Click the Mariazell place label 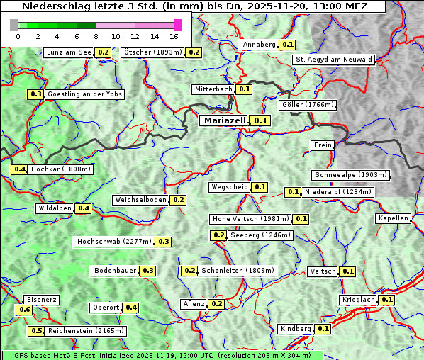point(223,120)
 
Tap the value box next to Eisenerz point(24,310)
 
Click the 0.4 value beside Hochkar point(20,169)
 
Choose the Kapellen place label point(393,218)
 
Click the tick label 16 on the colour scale point(174,36)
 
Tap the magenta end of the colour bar point(177,25)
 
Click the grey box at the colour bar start point(14,25)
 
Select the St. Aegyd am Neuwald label point(333,60)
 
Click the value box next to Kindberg point(323,329)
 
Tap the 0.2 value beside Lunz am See point(104,52)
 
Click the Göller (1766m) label point(307,105)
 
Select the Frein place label point(323,145)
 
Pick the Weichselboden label point(140,200)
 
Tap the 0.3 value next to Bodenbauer point(148,271)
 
